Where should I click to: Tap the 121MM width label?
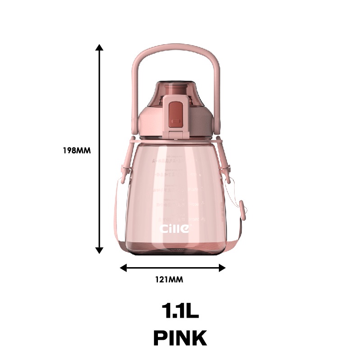tap(172, 279)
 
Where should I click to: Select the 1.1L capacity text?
tap(180, 311)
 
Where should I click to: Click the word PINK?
tap(180, 338)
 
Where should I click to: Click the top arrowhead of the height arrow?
tap(100, 47)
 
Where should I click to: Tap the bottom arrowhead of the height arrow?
tap(100, 250)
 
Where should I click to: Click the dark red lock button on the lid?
tap(174, 115)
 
